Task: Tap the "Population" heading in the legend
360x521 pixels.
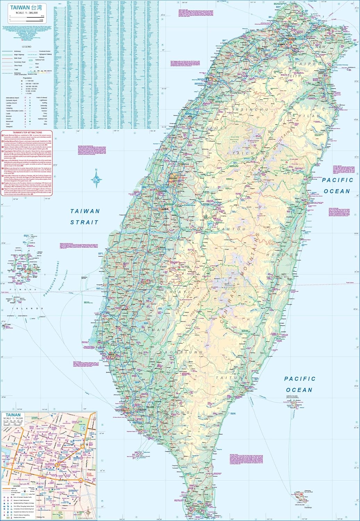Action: click(x=27, y=78)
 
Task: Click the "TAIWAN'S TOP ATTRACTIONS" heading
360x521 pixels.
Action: click(x=27, y=132)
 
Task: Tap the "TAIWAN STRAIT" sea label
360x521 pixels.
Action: click(x=85, y=216)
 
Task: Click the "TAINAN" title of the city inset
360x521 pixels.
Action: click(x=13, y=415)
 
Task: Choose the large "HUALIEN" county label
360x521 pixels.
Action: click(x=282, y=255)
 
